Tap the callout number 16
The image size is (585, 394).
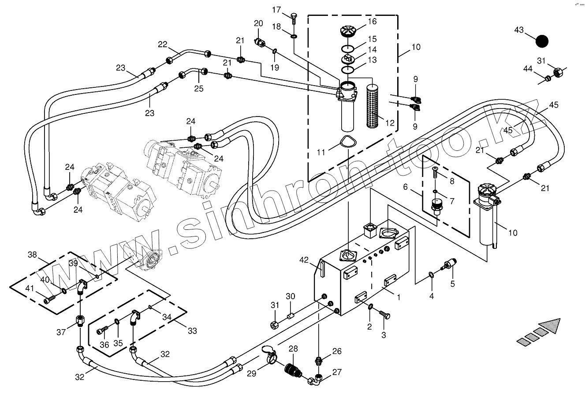click(372, 21)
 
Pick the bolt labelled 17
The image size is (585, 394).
click(294, 18)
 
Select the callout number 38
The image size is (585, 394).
click(32, 255)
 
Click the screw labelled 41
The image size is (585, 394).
click(50, 300)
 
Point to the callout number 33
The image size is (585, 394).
click(192, 330)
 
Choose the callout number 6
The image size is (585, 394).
click(406, 187)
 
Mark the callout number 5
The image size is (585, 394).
click(452, 284)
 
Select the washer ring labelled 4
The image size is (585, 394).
click(431, 276)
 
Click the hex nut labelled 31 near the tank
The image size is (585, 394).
click(275, 326)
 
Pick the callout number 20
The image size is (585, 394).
click(258, 23)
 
